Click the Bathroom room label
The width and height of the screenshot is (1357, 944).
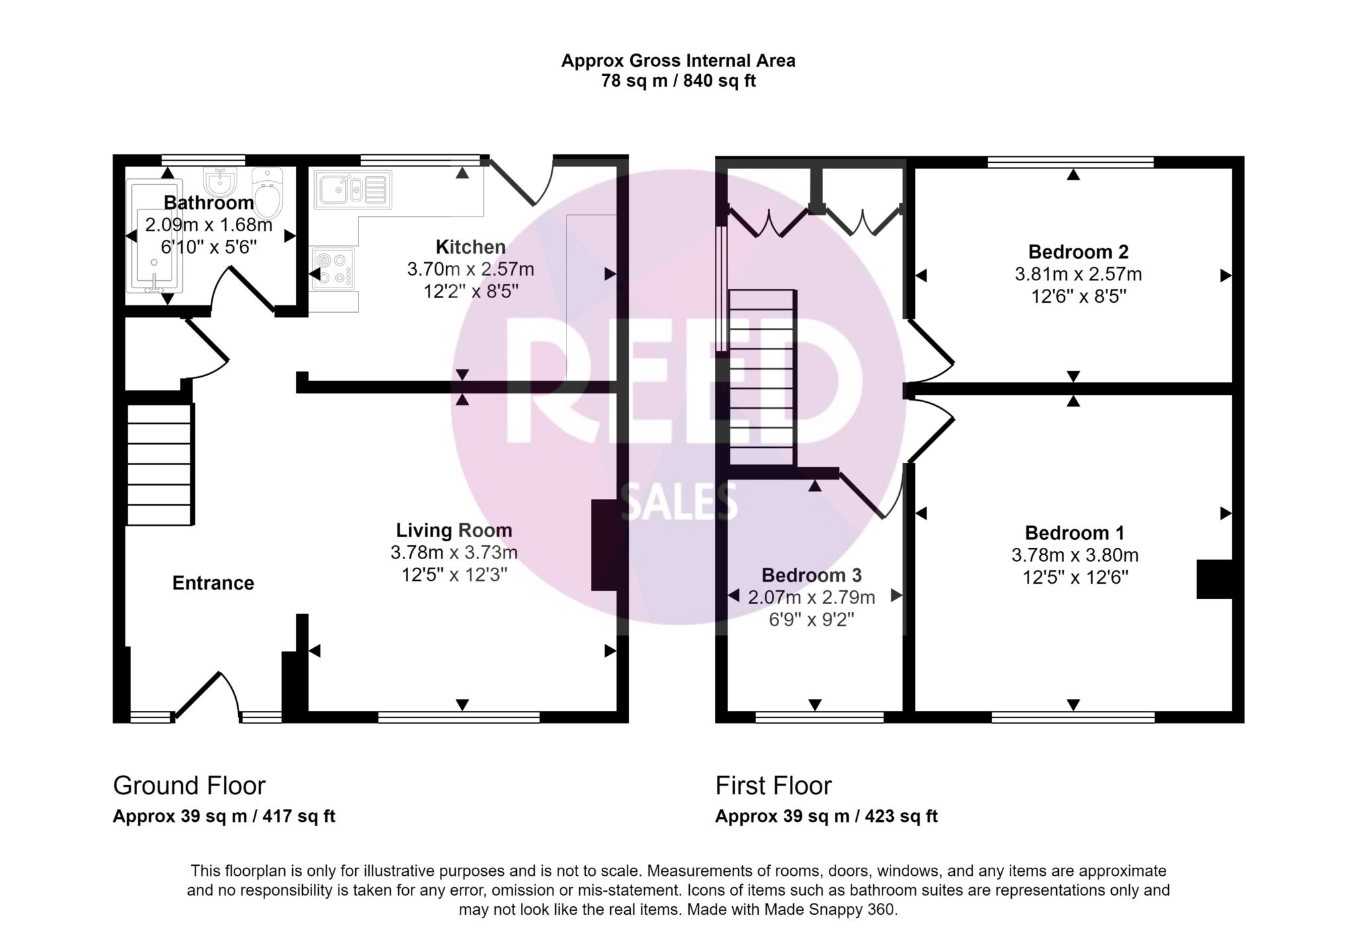(x=209, y=203)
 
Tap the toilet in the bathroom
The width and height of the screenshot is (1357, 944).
(x=268, y=195)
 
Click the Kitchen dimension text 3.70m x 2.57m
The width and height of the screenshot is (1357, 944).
(x=470, y=270)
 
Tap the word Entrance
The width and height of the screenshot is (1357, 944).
(x=213, y=583)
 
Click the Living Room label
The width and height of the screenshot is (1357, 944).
(x=454, y=530)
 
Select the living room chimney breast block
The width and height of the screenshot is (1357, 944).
(x=604, y=545)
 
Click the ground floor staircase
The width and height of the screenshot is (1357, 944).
(x=159, y=464)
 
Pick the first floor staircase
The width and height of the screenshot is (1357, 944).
(x=761, y=378)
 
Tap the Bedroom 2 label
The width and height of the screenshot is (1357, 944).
(x=1078, y=252)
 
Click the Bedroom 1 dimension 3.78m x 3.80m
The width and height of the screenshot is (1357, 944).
(x=1075, y=555)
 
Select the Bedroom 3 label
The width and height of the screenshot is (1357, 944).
(x=811, y=575)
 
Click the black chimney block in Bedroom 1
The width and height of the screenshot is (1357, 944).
(x=1214, y=580)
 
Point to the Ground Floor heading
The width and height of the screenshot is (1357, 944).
(x=189, y=786)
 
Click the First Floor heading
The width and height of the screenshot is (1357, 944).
(x=773, y=786)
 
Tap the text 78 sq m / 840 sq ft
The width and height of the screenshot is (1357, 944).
(x=678, y=81)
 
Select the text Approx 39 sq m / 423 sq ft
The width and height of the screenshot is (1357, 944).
(x=826, y=816)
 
